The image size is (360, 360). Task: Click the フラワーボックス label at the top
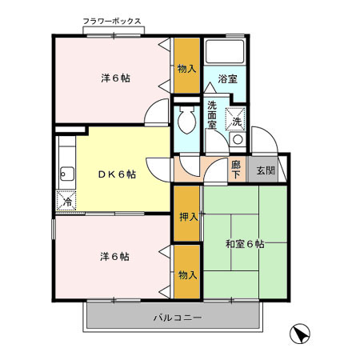point(113,22)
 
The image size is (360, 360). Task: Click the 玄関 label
point(265,170)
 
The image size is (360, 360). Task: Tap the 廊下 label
point(236,170)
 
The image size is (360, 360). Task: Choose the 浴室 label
point(228,79)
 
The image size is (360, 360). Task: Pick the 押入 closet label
point(187,215)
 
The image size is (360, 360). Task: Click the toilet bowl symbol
point(186,122)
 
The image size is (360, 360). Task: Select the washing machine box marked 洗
point(238,121)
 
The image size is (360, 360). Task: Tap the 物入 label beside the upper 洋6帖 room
point(187,68)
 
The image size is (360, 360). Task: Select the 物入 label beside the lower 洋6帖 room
point(187,274)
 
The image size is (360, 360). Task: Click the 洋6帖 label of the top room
point(115,78)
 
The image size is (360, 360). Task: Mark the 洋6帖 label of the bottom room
point(115,256)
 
